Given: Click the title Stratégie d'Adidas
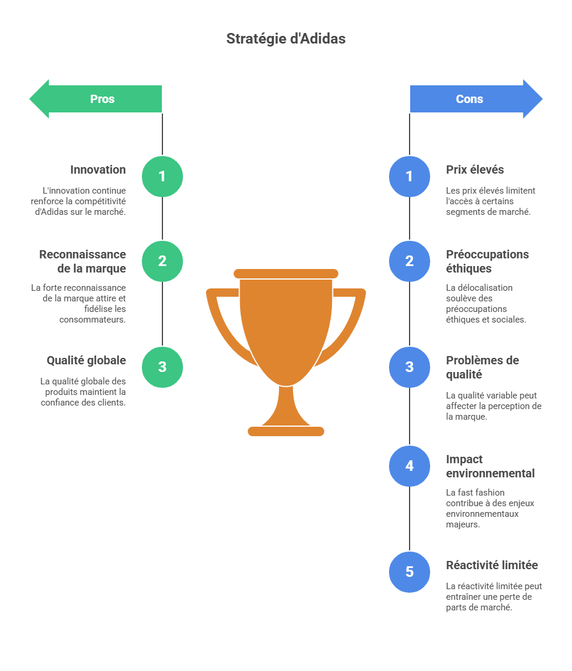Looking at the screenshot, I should pos(286,39).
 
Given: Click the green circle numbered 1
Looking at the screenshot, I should pos(162,176).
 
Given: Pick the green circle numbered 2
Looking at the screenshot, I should pos(162,261).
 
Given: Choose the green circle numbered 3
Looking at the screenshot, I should pos(162,367).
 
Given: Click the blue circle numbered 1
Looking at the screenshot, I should pos(410,176).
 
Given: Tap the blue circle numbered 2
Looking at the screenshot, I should pos(410,261).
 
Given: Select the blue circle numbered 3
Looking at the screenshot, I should pos(410,367).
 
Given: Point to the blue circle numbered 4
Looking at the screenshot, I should pos(410,466).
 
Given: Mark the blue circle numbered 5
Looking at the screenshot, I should pos(410,572).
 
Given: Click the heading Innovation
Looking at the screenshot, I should pos(98,170).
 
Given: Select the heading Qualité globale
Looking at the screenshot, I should pos(86,360).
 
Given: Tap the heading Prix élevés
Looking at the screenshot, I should pos(475,170).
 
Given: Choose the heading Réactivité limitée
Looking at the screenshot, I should pos(492,565).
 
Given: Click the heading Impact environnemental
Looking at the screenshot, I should pos(490,466).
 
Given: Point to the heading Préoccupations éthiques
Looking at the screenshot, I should pos(487,261).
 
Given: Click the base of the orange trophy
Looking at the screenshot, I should pos(286,431).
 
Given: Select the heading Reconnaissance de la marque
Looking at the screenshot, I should pos(82,261).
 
